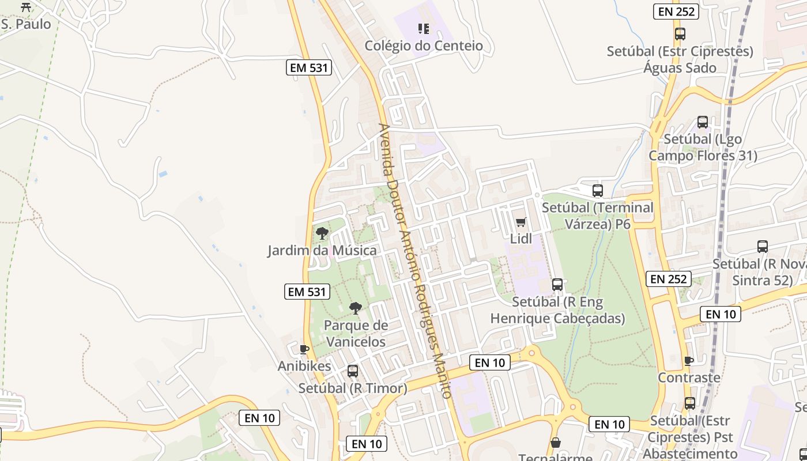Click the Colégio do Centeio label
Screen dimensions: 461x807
coord(424,46)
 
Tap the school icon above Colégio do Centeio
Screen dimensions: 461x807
coord(424,29)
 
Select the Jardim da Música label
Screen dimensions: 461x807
coord(322,250)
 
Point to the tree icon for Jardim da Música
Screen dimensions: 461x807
coord(322,233)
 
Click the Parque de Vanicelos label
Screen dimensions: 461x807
coord(356,333)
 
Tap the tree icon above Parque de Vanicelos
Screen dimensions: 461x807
coord(356,308)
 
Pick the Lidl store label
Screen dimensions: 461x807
coord(521,238)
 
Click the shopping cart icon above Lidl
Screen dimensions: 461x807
coord(521,222)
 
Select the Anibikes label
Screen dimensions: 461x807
coord(304,366)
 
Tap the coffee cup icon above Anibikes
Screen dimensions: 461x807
coord(304,349)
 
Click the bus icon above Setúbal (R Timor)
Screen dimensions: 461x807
coord(353,371)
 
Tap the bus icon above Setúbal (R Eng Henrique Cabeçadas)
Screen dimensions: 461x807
coord(557,284)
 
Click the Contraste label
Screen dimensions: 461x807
coord(689,377)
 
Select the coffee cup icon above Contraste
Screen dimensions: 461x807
coord(688,361)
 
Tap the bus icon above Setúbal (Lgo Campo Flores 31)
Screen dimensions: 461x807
coord(703,122)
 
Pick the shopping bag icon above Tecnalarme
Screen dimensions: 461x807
coord(556,443)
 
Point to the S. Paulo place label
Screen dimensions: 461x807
coord(26,24)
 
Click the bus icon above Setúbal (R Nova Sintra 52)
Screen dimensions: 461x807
coord(763,247)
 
